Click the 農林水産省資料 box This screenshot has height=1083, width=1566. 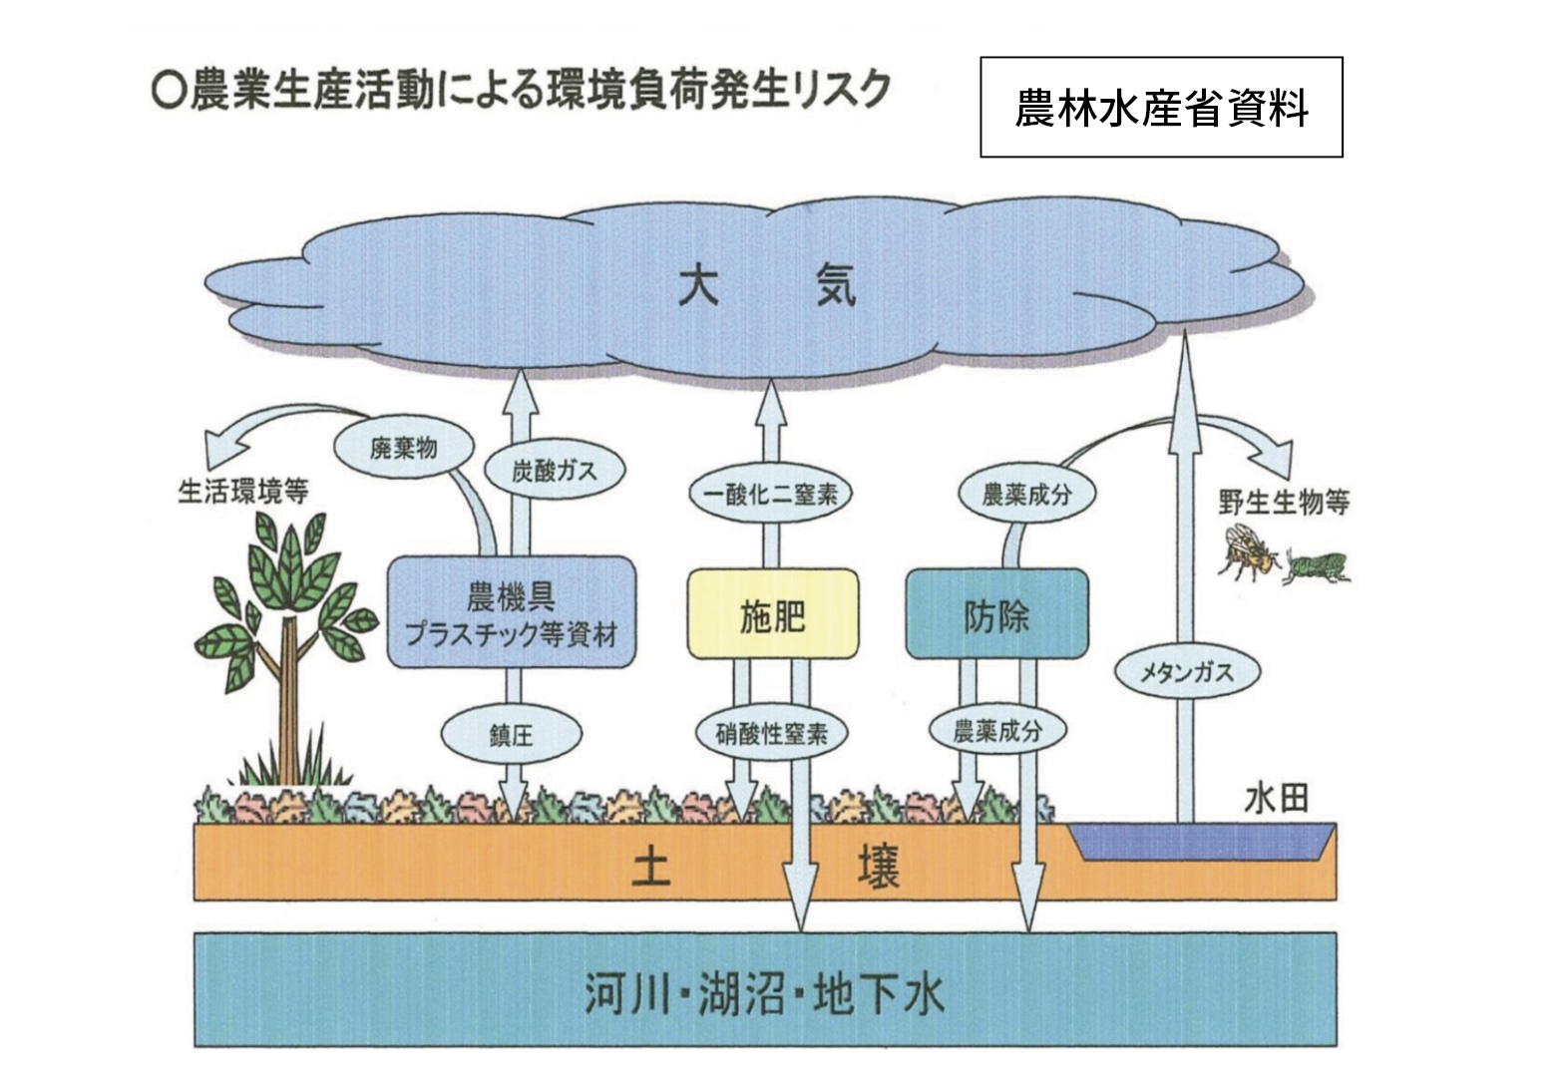click(1161, 108)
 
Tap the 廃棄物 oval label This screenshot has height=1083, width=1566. click(404, 447)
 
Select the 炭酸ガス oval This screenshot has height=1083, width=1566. click(554, 471)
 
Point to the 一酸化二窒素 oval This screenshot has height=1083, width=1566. click(770, 494)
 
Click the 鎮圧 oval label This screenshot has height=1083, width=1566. click(511, 735)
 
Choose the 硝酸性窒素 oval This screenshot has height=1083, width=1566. click(771, 734)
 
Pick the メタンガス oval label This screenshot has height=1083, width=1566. click(1187, 672)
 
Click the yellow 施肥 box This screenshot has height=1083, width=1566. click(772, 615)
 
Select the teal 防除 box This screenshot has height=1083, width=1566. click(995, 615)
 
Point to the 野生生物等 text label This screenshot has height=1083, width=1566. click(1283, 501)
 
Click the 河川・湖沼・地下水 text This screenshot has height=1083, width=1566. click(764, 993)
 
